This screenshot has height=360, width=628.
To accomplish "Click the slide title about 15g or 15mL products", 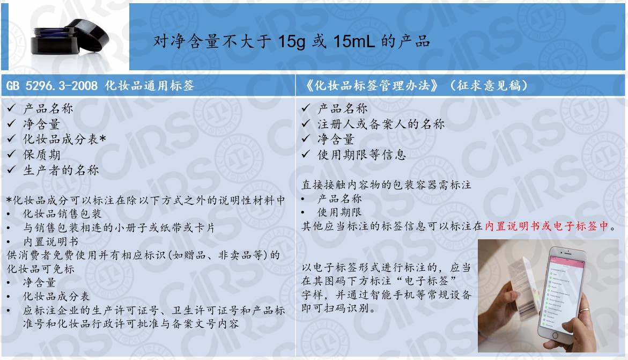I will tap(292, 41).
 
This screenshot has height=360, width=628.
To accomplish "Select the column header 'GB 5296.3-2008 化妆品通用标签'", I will tap(100, 85).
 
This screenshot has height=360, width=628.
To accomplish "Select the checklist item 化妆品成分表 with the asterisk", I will tap(63, 139).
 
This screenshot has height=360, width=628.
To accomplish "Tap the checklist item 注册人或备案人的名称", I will tap(380, 124).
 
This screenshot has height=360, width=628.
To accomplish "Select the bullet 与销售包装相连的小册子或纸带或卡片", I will tap(118, 227).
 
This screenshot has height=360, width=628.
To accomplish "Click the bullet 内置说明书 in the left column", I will tap(50, 241).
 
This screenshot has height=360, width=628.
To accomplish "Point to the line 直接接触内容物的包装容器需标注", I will tap(387, 185).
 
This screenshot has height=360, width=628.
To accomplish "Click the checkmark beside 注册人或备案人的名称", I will tap(306, 124).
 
